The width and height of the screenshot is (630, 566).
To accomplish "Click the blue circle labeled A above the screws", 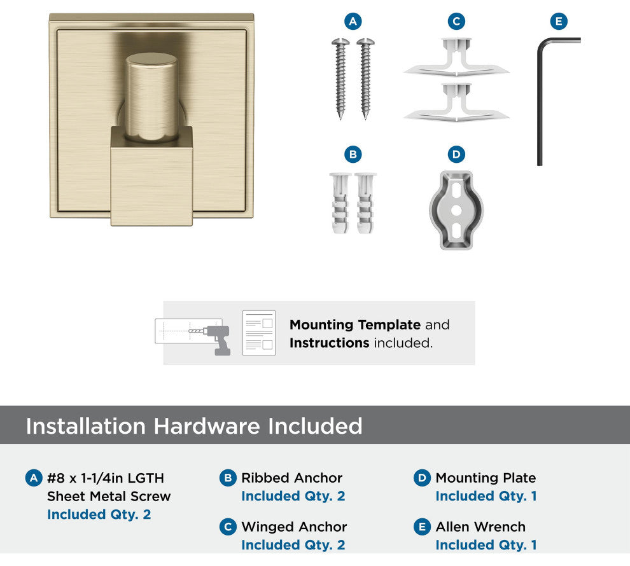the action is pyautogui.click(x=353, y=21).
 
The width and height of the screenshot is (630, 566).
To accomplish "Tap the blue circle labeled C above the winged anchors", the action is pyautogui.click(x=456, y=21).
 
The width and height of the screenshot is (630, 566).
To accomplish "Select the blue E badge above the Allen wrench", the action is pyautogui.click(x=559, y=21).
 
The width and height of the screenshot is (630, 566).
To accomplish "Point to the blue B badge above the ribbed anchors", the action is pyautogui.click(x=353, y=155).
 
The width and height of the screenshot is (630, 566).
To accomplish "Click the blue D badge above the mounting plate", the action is pyautogui.click(x=456, y=155).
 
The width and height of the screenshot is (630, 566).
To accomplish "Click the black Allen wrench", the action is pyautogui.click(x=540, y=104).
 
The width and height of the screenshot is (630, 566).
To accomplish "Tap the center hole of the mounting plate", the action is pyautogui.click(x=456, y=210).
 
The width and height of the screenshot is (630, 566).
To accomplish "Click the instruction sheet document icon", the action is pyautogui.click(x=259, y=333).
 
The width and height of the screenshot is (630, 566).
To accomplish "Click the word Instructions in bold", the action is pyautogui.click(x=329, y=343).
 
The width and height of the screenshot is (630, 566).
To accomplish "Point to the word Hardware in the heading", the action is pyautogui.click(x=207, y=426).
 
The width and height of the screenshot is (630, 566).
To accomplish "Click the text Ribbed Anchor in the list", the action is pyautogui.click(x=291, y=478).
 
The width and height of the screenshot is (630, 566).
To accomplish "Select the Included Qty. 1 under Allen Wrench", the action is pyautogui.click(x=486, y=545).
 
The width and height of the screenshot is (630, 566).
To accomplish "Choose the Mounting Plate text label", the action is pyautogui.click(x=486, y=478).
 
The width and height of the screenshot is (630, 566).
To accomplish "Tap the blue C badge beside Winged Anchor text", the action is pyautogui.click(x=228, y=527).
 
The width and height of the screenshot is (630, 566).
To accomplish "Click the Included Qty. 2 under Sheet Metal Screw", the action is pyautogui.click(x=99, y=514).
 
